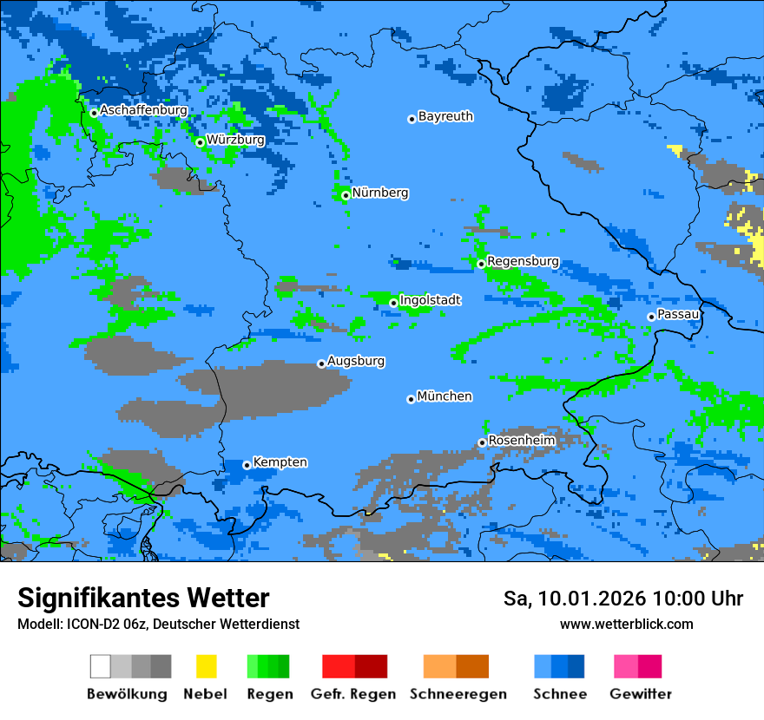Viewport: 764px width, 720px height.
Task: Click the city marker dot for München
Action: pos(411,399)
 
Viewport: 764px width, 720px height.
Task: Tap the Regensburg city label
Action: pos(523,261)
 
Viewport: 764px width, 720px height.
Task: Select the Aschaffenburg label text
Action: pos(143,110)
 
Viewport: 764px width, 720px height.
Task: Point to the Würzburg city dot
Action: pos(200,142)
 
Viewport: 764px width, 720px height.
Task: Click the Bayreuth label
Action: pos(445,116)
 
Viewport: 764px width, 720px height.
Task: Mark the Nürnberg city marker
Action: pos(346,195)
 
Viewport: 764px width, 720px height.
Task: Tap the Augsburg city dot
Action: pos(321,363)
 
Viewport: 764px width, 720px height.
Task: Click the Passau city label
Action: pos(678,314)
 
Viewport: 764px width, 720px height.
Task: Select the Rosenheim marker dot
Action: pos(482,442)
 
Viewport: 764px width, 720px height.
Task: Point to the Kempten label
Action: pos(280,462)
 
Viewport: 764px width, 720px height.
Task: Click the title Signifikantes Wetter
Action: pos(143,598)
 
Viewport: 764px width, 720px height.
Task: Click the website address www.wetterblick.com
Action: pos(626,624)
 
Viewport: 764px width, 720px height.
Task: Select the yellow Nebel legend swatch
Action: pos(206,666)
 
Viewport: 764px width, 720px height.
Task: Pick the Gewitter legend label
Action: pos(640,694)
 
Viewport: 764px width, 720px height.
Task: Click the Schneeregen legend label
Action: pos(458,694)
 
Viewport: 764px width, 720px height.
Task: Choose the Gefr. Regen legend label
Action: pos(353,694)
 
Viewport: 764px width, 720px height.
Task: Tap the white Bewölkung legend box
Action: pos(101,666)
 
